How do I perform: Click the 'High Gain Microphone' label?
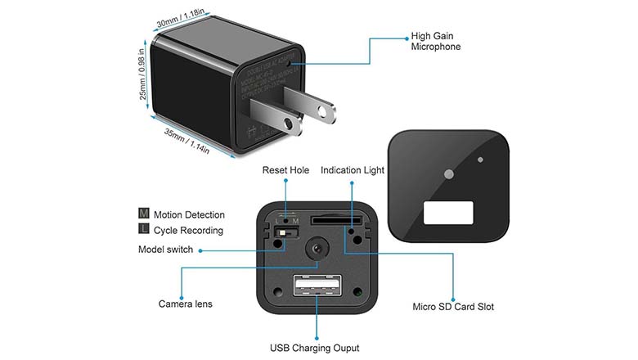tap(435, 42)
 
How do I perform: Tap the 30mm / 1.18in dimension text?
tap(182, 17)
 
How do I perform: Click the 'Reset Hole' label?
tap(285, 170)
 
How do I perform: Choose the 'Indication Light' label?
tap(353, 170)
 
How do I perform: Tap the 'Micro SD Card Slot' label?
tap(453, 307)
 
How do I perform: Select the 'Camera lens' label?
tap(186, 304)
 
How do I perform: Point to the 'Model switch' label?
tap(165, 250)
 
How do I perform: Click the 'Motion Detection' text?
tap(189, 215)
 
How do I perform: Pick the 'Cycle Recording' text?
tap(188, 231)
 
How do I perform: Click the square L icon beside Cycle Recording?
tap(144, 231)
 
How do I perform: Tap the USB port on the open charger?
tap(316, 289)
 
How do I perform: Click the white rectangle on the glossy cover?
tap(449, 214)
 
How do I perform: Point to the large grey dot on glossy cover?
tap(448, 174)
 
